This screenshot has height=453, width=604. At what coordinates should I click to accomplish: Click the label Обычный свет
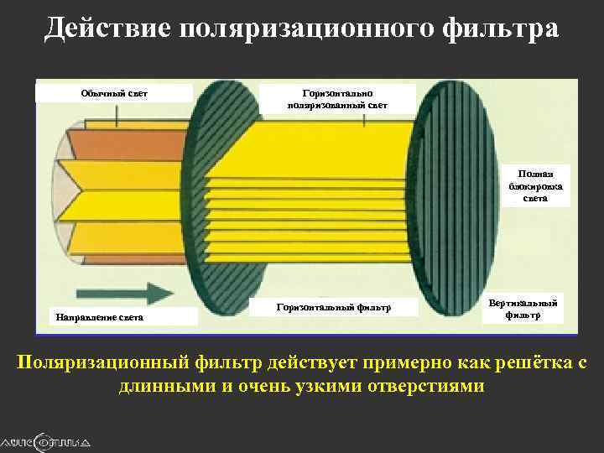pos(113,92)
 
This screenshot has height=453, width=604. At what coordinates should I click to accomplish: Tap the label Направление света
pos(99,317)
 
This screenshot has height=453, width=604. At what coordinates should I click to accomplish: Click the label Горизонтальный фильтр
pos(333,308)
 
